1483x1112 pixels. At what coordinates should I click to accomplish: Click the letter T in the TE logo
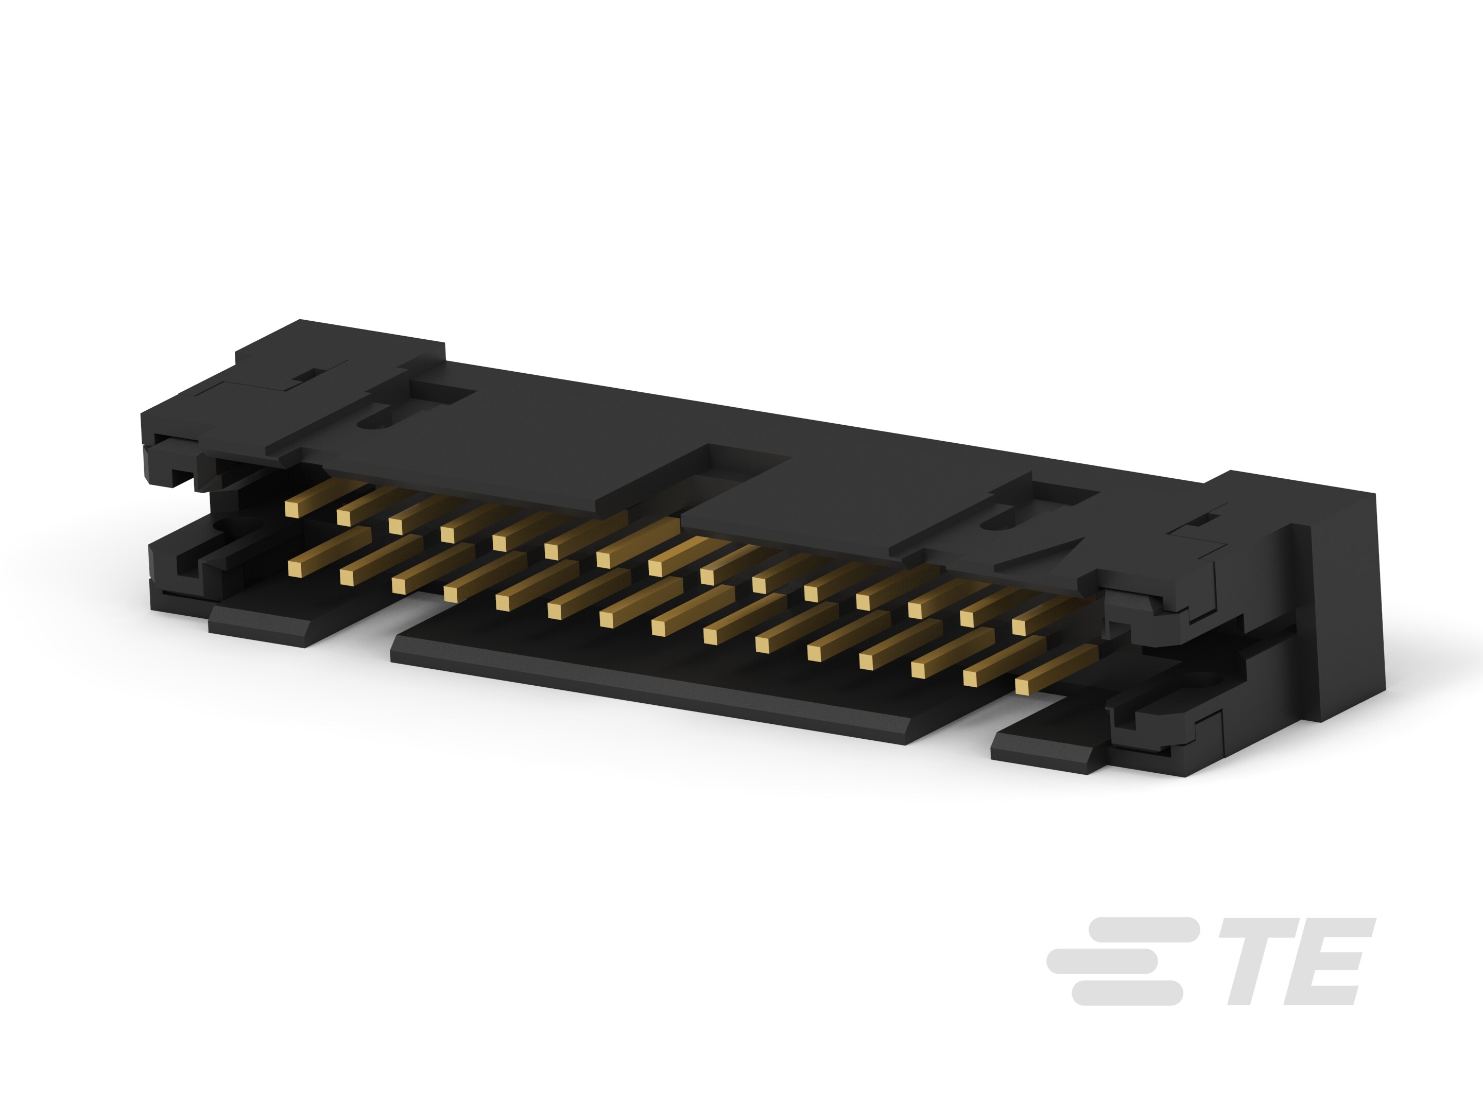click(1258, 961)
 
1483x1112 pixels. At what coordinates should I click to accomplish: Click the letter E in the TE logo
click(1334, 961)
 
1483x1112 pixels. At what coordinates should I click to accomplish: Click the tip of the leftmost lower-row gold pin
click(296, 568)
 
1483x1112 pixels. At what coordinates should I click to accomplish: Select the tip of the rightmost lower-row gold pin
click(1024, 686)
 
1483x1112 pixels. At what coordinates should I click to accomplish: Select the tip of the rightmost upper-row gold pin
click(1020, 627)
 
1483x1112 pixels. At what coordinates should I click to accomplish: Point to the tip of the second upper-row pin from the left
click(344, 516)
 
